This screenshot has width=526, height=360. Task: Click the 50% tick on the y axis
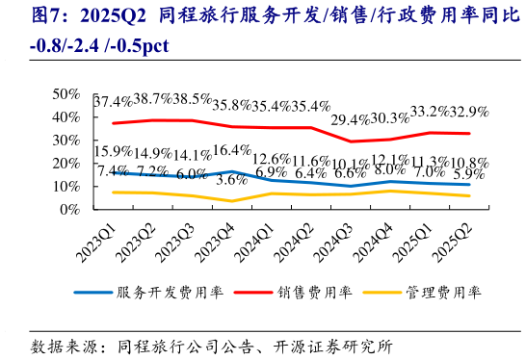coord(66,93)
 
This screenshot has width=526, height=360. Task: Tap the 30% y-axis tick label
coord(66,140)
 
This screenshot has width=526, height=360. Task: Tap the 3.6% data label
coord(232,180)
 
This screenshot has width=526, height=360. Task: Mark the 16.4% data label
coord(232,150)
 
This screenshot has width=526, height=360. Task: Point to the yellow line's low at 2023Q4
coord(231,201)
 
